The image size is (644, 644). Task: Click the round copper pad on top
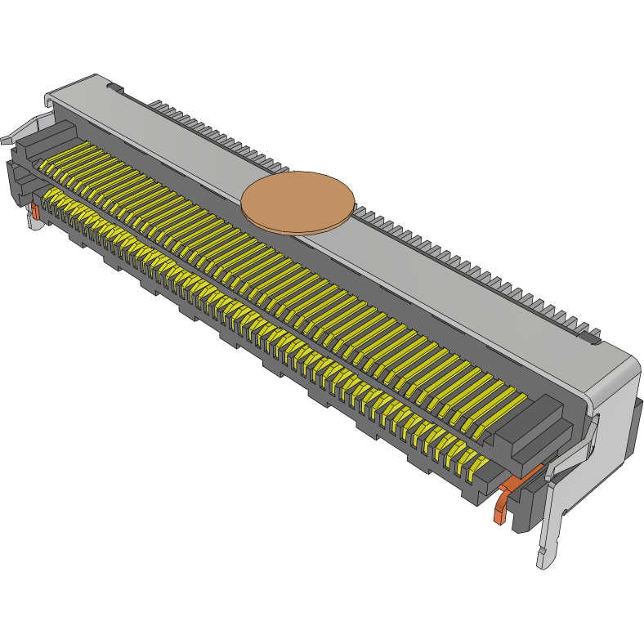click(x=298, y=202)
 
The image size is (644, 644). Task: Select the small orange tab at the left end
click(x=35, y=210)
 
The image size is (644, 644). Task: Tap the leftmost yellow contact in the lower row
click(x=51, y=197)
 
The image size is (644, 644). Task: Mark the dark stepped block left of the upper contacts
click(x=41, y=141)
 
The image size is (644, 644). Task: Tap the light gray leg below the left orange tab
click(x=35, y=223)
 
